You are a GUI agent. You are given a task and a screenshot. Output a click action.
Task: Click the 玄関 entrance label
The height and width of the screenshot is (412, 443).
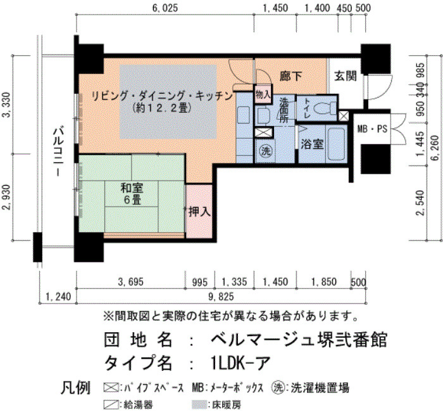tap(346, 76)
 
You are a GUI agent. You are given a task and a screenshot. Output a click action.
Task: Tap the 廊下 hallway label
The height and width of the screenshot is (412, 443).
tap(290, 76)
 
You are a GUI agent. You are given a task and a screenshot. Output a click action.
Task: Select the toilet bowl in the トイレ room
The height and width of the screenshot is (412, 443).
tap(325, 108)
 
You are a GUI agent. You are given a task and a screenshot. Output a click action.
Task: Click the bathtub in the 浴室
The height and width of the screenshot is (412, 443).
tap(336, 145)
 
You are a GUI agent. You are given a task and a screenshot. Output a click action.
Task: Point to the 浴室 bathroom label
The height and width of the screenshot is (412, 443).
tap(312, 145)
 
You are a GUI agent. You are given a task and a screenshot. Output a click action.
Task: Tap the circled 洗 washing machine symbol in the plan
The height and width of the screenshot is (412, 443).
tap(265, 151)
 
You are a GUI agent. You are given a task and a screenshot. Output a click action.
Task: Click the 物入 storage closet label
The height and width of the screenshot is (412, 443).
tap(263, 94)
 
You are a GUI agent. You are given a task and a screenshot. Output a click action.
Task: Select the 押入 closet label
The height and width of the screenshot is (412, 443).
tap(199, 211)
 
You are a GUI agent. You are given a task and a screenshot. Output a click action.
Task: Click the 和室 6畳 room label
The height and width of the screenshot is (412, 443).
tap(132, 194)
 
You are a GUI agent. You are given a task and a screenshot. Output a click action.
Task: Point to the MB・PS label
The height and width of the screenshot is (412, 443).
tap(372, 129)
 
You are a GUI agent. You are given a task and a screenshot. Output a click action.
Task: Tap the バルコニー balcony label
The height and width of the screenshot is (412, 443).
tap(59, 152)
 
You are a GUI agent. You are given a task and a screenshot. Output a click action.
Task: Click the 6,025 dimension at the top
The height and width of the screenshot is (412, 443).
tap(165, 8)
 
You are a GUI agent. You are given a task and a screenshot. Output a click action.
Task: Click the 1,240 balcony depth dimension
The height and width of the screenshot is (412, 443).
tap(58, 297)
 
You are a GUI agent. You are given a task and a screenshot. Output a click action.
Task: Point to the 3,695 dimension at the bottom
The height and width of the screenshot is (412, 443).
tap(131, 282)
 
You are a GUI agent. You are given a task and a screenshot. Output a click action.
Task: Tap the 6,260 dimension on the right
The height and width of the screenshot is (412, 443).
tap(435, 148)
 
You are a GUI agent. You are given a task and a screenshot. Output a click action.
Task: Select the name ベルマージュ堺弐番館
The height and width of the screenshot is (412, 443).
tap(299, 340)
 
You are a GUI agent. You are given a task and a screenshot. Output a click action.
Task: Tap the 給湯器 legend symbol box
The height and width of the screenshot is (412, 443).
tap(111, 404)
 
